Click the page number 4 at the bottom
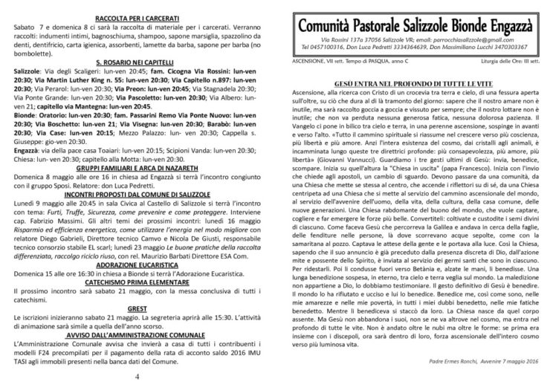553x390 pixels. (x=138, y=377)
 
